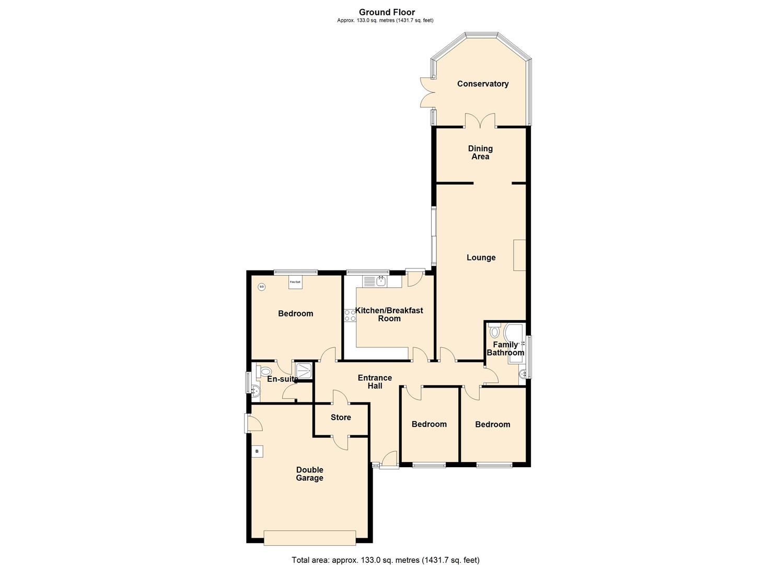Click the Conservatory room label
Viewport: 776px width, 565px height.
tap(482, 84)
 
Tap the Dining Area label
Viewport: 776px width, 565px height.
tap(480, 152)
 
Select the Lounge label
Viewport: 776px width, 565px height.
tap(481, 257)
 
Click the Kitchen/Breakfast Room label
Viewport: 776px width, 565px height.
tap(389, 314)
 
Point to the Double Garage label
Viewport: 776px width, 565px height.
tap(309, 474)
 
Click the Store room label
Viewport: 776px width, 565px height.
tap(341, 417)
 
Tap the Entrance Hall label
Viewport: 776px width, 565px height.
tap(375, 382)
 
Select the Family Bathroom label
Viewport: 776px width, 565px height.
tap(505, 348)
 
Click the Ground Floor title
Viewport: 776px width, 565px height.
tap(387, 12)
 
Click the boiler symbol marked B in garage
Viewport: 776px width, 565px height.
tap(257, 451)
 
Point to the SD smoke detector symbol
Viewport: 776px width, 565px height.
tap(261, 287)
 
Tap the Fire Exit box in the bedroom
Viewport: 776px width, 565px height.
tap(295, 282)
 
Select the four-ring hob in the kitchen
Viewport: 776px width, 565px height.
tap(350, 315)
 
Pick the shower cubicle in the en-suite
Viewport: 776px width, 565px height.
tap(304, 370)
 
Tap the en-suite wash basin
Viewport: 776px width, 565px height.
tap(254, 390)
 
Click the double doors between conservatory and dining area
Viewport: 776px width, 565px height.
tap(480, 121)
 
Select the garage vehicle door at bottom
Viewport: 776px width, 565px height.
tap(310, 538)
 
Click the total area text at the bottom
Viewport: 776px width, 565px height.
tap(385, 560)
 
